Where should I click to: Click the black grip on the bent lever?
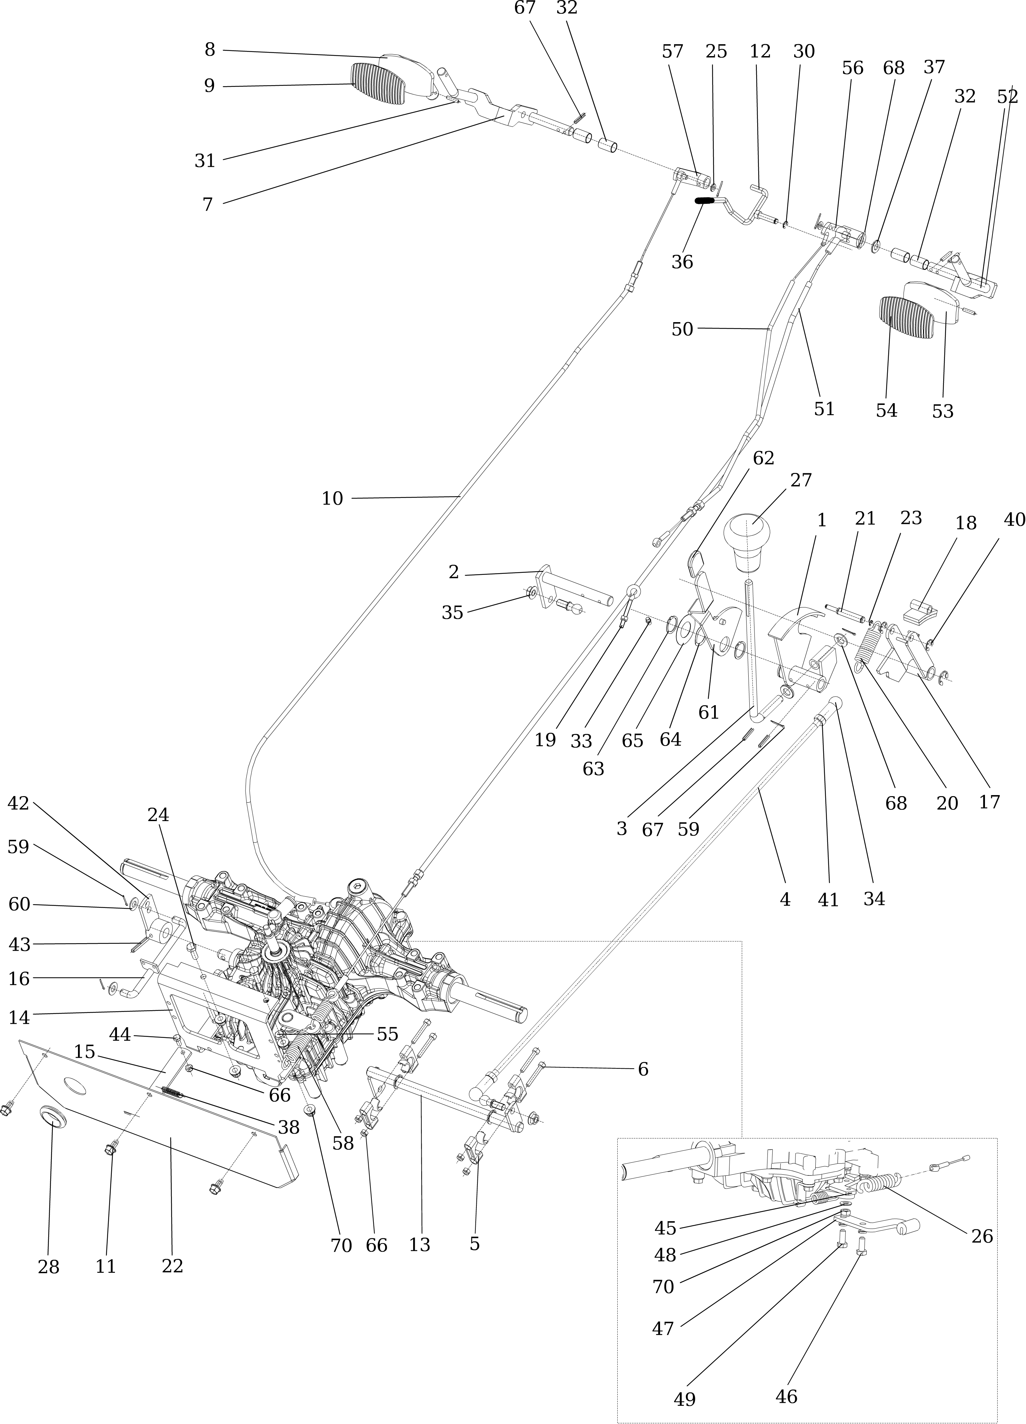(x=706, y=201)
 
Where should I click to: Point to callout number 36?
(x=682, y=262)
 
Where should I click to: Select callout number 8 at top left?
(x=210, y=50)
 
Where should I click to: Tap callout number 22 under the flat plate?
(x=172, y=1266)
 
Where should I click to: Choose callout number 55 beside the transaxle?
(x=387, y=1034)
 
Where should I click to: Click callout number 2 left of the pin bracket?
(x=453, y=572)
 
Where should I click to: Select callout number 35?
(x=452, y=612)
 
